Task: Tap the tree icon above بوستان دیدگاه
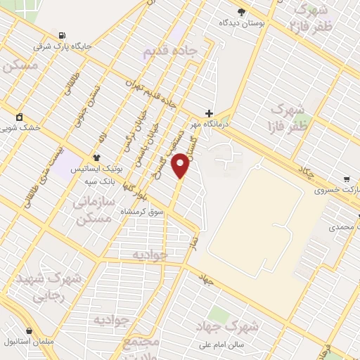(242, 11)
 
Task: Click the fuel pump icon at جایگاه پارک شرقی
(64, 36)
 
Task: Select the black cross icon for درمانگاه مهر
(209, 112)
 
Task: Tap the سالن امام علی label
(223, 345)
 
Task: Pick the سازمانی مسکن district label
(92, 210)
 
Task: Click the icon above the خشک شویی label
(19, 117)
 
